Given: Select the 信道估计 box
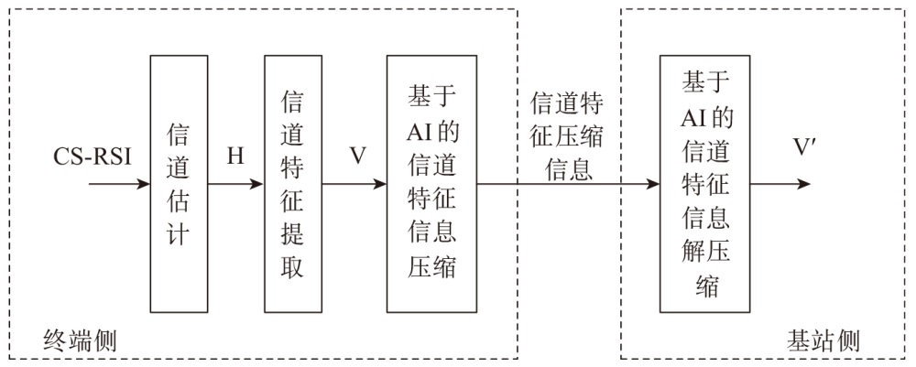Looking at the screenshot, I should tap(179, 183).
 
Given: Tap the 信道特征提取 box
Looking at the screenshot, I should tap(293, 183).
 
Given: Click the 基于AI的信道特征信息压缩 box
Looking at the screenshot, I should tap(431, 183).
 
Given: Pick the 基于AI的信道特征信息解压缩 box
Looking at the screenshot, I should tap(704, 183).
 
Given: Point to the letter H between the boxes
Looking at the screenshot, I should tap(235, 156).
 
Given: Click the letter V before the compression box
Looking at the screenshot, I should tap(357, 156).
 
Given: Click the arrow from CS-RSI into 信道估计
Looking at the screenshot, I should tap(119, 184).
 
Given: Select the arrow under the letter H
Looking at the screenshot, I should tap(235, 184).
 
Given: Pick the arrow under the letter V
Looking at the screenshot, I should tap(355, 184).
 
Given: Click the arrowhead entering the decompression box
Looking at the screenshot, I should tap(652, 184).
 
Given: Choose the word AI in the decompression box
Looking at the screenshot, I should tap(692, 116).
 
